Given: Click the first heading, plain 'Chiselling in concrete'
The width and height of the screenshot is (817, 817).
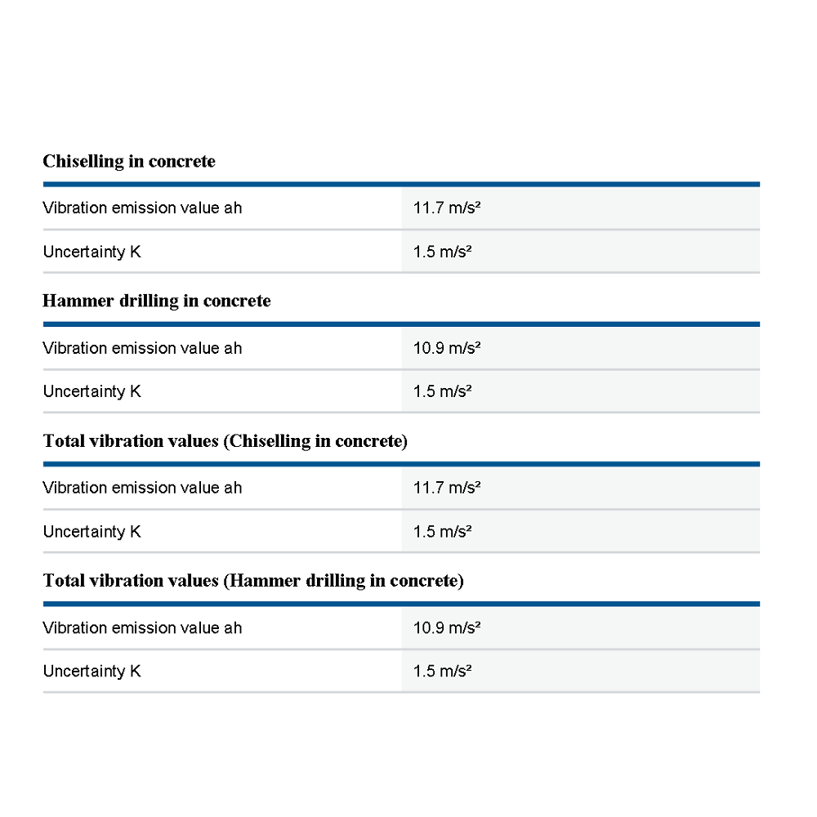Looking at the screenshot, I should (129, 161).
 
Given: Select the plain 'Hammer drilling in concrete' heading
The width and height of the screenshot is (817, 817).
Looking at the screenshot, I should (156, 301).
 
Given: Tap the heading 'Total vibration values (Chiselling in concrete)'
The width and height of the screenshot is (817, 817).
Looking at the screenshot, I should (225, 441).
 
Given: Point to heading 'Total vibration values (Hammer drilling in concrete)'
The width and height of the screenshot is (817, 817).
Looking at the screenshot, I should (253, 581).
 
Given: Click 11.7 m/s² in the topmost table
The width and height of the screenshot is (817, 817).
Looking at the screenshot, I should (446, 208).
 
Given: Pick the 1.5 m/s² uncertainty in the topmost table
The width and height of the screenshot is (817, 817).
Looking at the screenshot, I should (443, 252).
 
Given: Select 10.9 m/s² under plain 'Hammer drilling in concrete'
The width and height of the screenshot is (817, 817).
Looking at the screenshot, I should (446, 348).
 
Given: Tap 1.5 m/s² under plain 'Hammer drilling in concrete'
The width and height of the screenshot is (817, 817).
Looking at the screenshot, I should (443, 391).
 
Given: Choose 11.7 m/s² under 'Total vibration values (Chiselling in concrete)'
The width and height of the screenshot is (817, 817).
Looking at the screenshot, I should (446, 488).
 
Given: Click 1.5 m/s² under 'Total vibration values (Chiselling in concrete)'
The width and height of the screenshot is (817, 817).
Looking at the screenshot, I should (443, 532).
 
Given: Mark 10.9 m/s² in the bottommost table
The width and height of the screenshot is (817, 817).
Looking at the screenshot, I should (446, 628).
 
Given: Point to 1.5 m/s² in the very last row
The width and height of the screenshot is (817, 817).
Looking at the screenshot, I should (443, 672).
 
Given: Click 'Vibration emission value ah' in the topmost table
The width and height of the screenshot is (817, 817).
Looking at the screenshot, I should (142, 208).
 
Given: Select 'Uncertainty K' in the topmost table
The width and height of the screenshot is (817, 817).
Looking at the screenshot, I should (92, 252).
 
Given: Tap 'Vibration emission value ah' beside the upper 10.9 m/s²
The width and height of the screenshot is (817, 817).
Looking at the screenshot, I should (142, 348).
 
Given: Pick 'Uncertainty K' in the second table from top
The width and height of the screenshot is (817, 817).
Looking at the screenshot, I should (92, 391).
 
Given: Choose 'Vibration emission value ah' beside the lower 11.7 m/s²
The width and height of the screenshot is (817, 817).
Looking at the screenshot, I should (142, 488).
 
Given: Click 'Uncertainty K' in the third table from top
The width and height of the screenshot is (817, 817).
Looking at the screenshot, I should (92, 532).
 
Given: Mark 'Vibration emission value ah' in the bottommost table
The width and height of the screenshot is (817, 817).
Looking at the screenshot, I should (142, 628).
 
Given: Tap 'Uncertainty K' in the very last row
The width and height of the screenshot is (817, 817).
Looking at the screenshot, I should (92, 672).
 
